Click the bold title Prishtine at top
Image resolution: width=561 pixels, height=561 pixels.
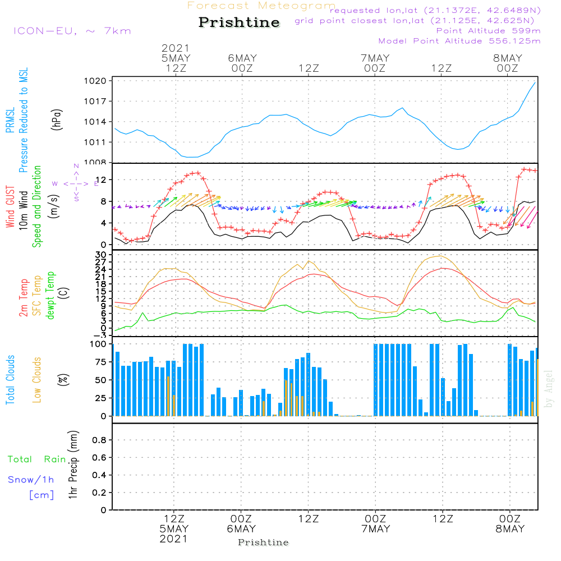click(239, 23)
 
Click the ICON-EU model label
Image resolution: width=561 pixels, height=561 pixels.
click(71, 30)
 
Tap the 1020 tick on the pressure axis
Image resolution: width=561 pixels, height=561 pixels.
click(99, 81)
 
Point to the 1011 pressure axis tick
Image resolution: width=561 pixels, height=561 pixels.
click(99, 142)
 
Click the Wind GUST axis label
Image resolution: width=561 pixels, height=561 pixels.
click(10, 207)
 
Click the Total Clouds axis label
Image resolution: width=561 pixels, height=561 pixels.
click(10, 380)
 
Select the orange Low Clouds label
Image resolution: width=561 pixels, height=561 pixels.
click(37, 380)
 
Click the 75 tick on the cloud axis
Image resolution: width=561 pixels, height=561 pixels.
click(99, 362)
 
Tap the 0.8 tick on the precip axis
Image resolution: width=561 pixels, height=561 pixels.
click(99, 440)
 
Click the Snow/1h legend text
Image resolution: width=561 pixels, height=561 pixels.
click(31, 480)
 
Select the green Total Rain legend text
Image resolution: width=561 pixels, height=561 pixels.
click(36, 459)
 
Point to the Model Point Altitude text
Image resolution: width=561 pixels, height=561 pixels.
click(459, 41)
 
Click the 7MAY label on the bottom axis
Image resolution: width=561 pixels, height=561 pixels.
click(375, 529)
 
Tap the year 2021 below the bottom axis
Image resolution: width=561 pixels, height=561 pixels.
click(174, 539)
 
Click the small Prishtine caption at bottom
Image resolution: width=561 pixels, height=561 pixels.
click(263, 542)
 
